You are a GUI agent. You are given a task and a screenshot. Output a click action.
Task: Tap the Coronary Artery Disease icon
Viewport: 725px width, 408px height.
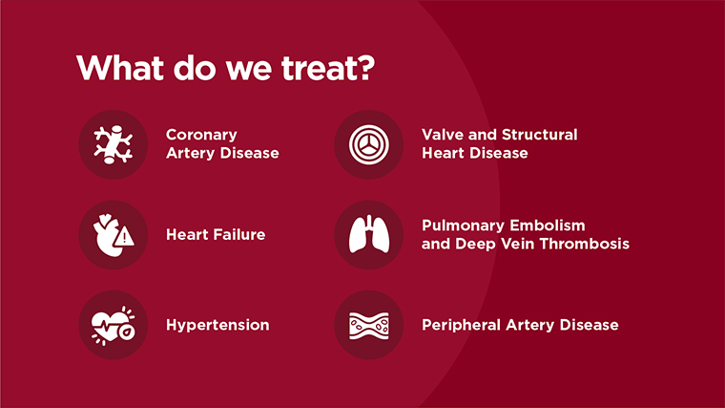click(x=113, y=144)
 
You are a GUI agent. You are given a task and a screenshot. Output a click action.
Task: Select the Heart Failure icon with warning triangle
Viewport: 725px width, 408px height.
click(x=113, y=234)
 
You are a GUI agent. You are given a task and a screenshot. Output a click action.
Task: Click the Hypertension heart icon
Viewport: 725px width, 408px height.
click(x=113, y=325)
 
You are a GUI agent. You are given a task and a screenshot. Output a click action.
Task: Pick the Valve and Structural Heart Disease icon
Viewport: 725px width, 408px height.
click(x=368, y=144)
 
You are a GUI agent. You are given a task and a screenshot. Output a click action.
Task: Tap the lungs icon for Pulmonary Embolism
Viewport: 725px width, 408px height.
click(x=368, y=234)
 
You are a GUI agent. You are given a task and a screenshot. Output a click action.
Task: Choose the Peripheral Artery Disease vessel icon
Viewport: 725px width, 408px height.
click(x=368, y=325)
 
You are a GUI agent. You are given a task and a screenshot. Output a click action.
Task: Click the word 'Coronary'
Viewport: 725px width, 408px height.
click(x=201, y=135)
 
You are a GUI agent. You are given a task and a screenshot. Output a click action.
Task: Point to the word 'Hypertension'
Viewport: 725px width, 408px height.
click(x=217, y=325)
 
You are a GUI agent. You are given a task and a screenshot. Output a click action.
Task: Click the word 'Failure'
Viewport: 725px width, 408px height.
click(x=239, y=234)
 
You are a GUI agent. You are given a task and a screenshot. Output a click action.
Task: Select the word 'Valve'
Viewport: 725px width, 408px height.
click(x=442, y=135)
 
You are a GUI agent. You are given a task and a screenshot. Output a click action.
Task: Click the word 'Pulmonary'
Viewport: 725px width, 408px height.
click(x=461, y=225)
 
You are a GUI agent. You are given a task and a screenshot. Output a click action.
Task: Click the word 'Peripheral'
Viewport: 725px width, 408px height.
click(x=462, y=325)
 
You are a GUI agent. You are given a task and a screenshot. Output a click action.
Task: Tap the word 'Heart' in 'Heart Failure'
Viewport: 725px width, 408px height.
click(x=188, y=234)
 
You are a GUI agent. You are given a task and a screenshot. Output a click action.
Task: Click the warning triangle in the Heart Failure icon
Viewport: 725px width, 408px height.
click(x=127, y=236)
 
